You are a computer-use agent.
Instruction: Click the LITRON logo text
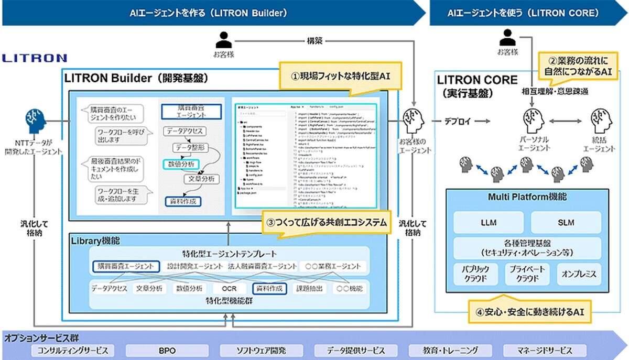35,58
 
